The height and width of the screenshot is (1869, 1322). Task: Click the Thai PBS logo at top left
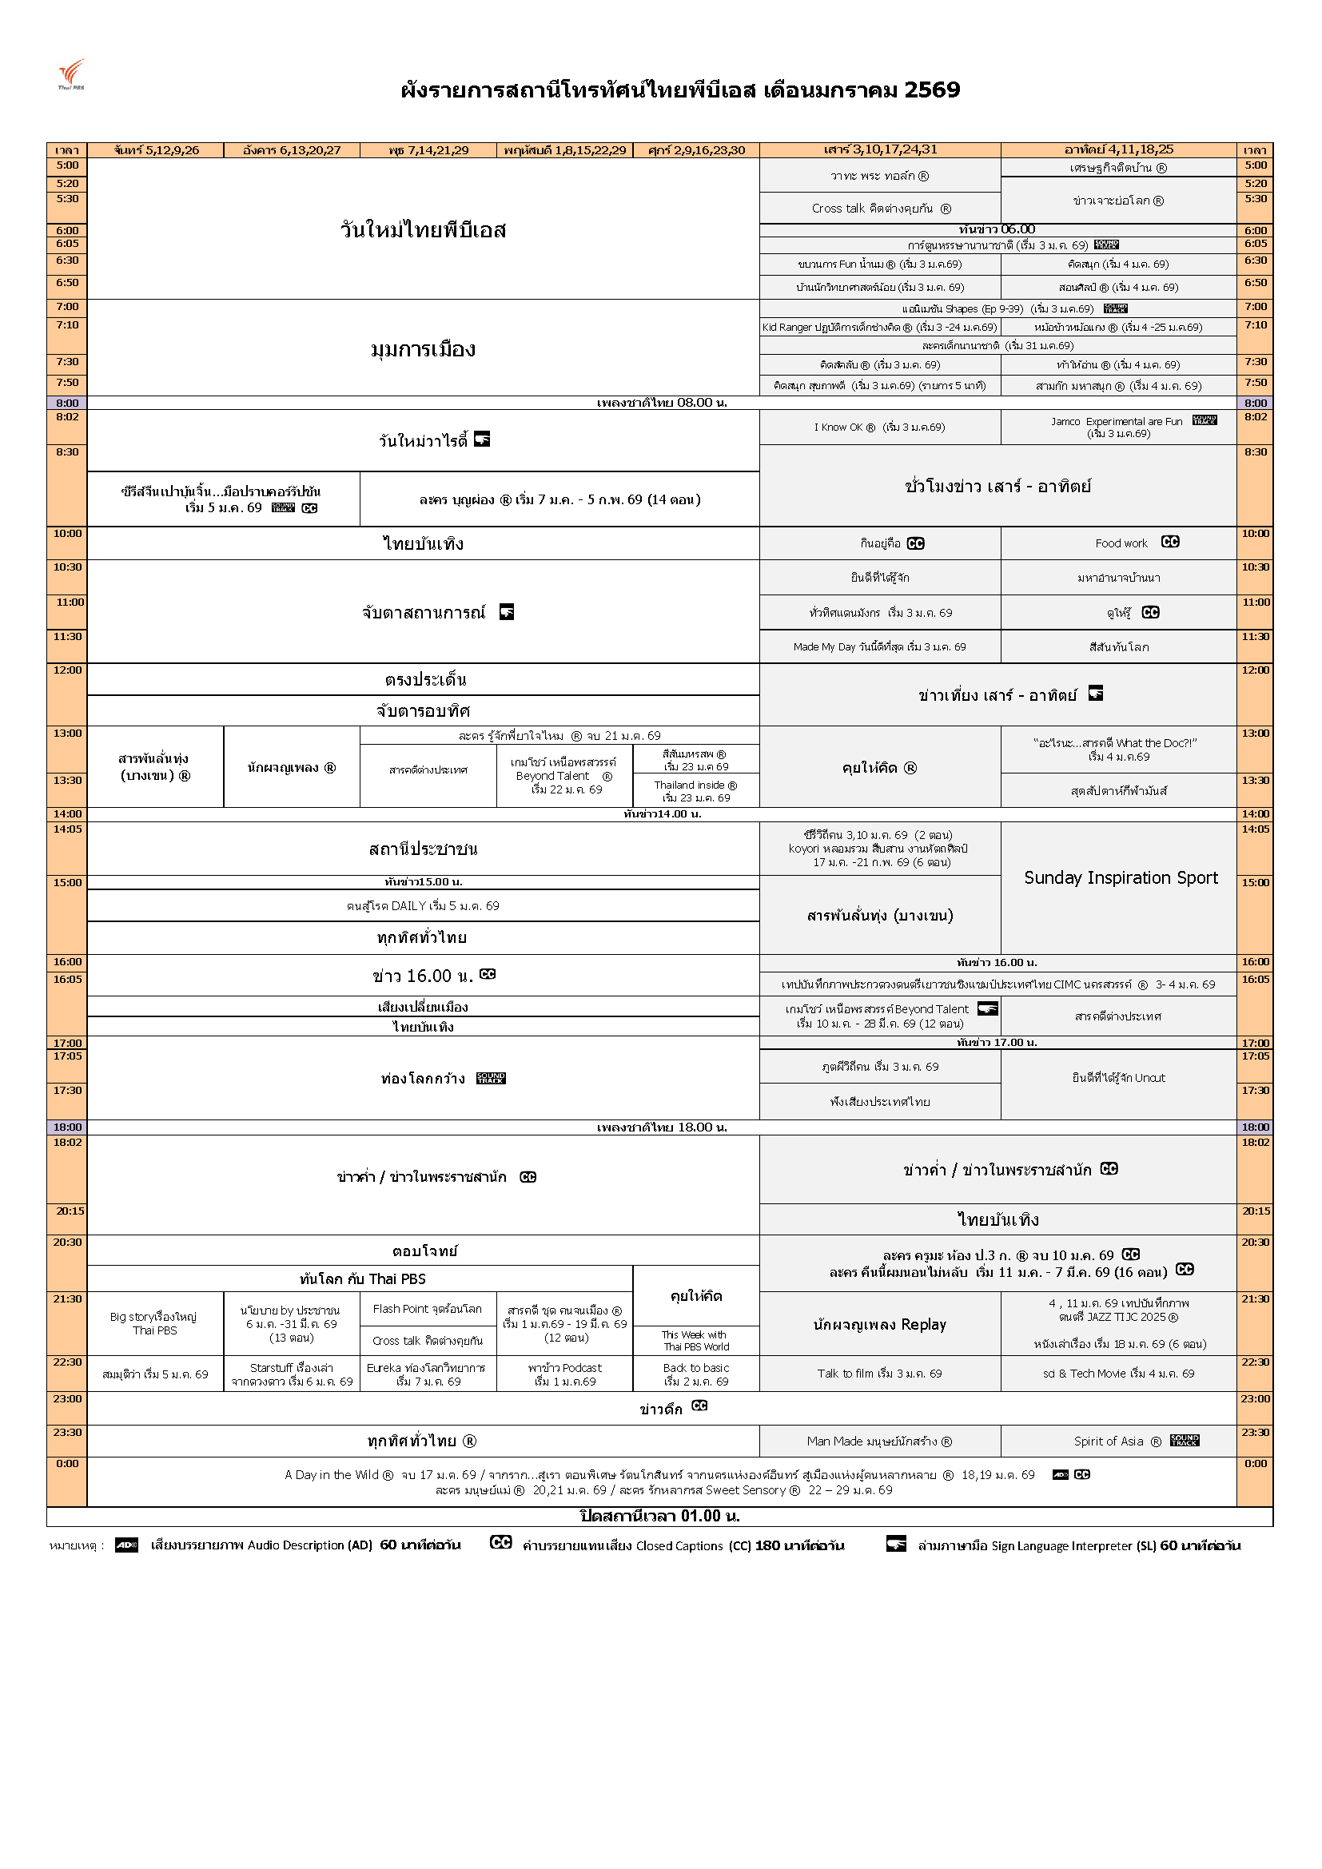71,74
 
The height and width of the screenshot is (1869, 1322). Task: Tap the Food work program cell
1120,543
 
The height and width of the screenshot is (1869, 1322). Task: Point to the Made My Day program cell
879,647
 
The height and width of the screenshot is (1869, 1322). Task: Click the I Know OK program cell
879,427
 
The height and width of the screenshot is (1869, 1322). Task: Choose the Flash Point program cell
428,1309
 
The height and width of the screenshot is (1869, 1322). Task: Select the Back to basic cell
696,1374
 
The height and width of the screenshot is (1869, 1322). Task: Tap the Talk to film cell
879,1374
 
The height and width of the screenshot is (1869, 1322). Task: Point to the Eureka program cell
428,1374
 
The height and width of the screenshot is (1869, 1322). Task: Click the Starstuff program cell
292,1374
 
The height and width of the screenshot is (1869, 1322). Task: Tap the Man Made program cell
879,1441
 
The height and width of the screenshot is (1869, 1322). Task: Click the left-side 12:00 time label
68,670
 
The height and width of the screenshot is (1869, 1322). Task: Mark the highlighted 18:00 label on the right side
1254,1127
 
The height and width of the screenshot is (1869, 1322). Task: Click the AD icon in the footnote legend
126,1545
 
